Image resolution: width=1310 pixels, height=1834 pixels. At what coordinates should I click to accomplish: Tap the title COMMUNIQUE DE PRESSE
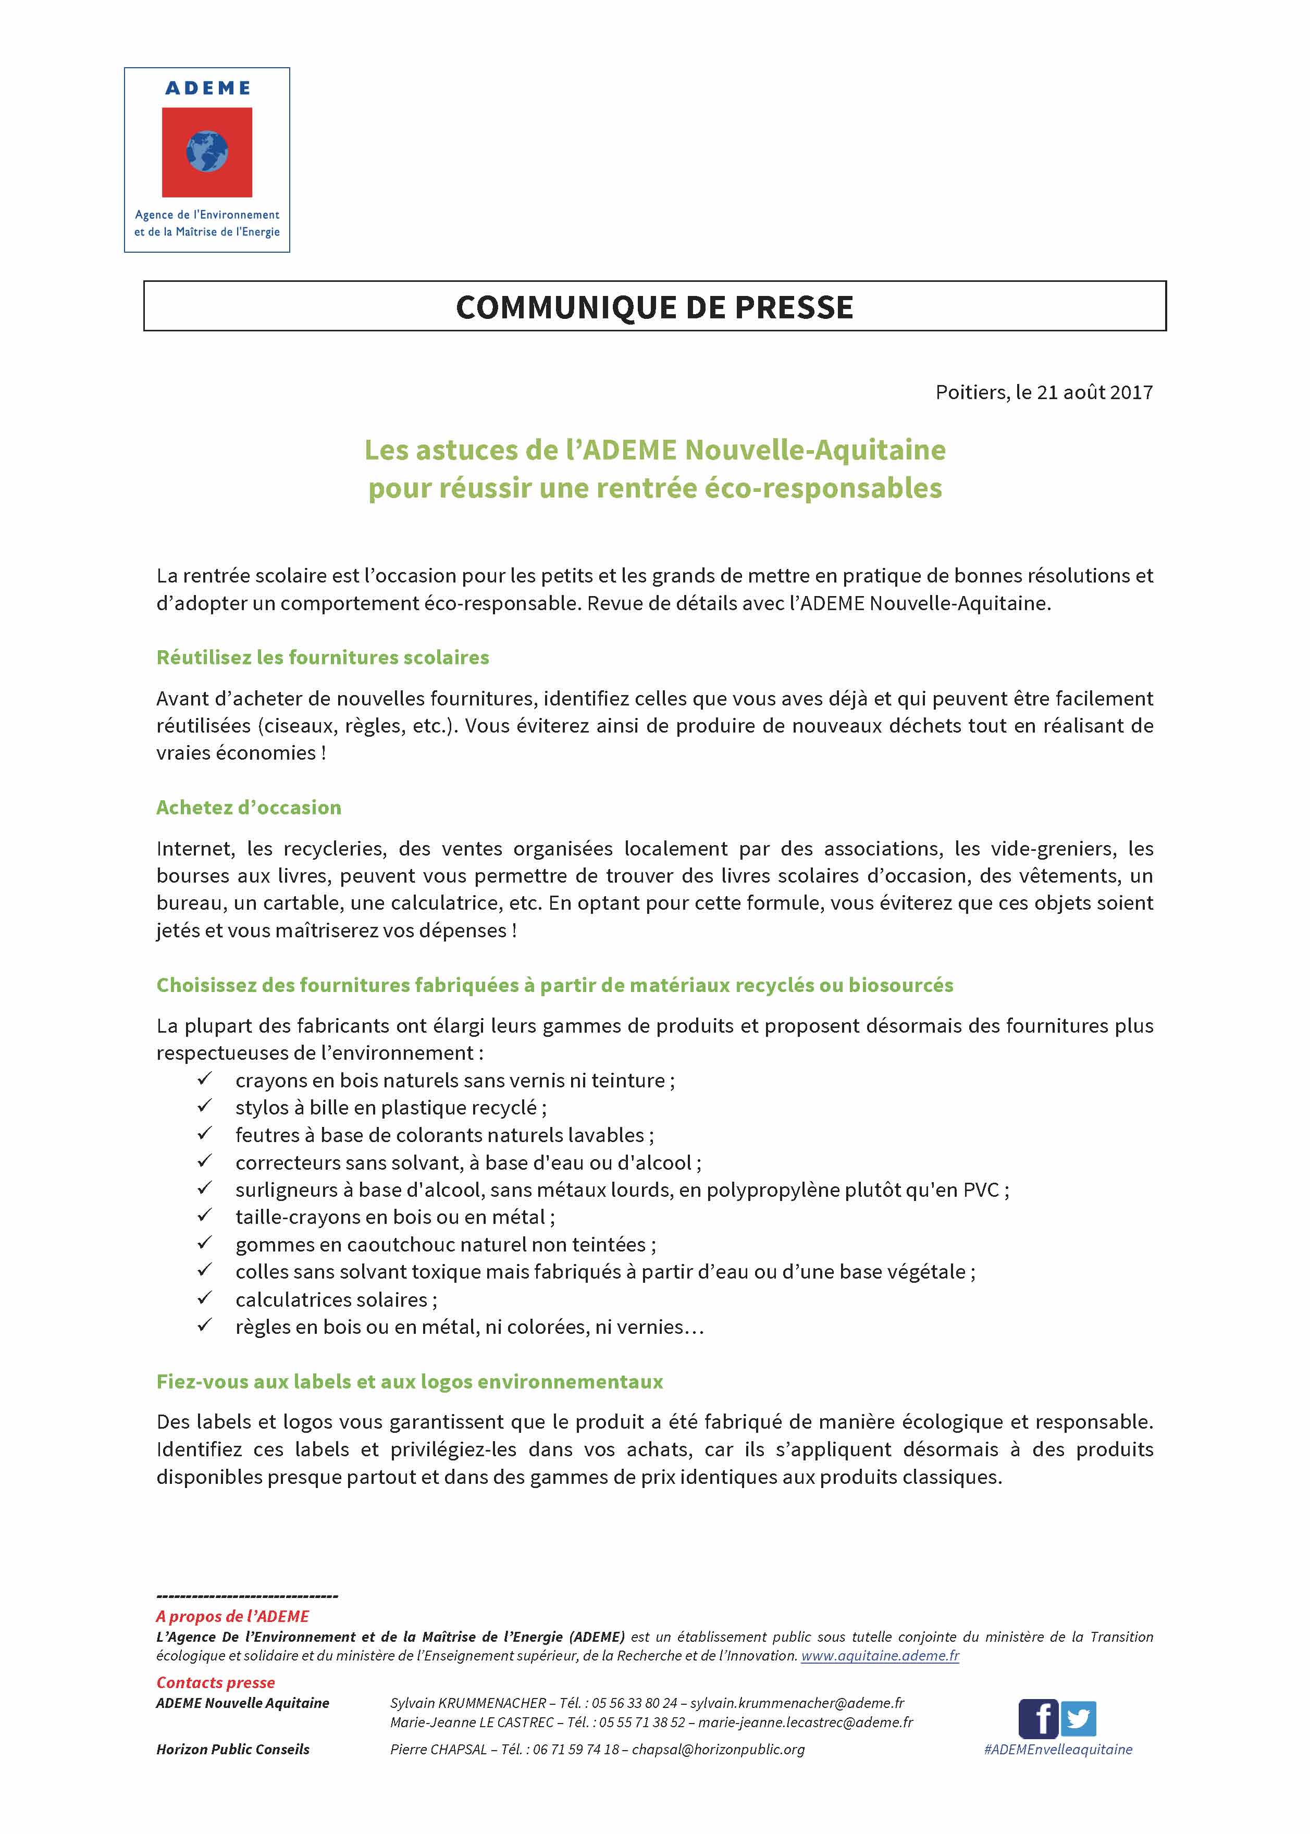654,307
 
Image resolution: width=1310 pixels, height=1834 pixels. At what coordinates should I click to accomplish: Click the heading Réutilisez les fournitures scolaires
323,658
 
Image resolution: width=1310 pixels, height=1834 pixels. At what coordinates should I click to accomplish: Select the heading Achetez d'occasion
249,807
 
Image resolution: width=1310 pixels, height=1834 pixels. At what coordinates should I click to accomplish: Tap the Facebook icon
1037,1719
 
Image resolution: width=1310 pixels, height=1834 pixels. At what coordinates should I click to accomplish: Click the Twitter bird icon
1079,1719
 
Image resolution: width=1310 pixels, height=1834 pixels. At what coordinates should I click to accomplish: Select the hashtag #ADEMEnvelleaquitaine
1057,1749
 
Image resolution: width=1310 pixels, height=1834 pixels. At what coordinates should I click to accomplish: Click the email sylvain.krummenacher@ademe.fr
796,1703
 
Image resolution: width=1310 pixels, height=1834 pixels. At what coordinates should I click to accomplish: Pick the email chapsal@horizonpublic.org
718,1749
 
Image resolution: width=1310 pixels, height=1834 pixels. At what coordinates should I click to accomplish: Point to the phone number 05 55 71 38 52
642,1723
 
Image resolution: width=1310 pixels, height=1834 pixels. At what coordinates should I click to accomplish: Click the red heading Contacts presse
215,1682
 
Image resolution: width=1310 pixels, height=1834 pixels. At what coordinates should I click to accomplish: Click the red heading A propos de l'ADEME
232,1616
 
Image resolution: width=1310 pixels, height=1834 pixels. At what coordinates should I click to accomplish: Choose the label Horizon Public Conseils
232,1749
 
